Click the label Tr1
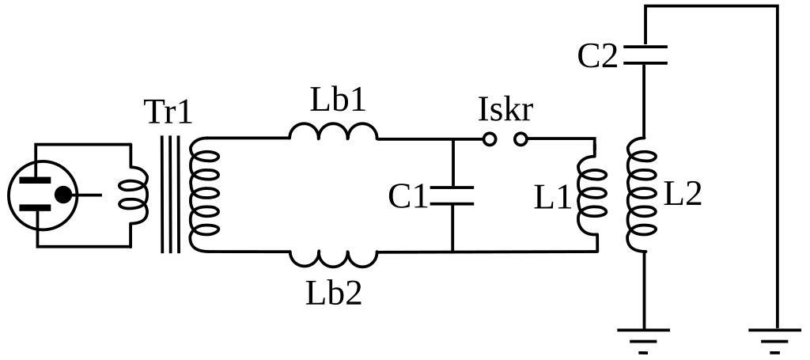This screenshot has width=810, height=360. [168, 112]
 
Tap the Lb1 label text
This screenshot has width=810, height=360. [339, 100]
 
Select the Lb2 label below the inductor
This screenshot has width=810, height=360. [334, 294]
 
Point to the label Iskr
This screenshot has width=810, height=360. [505, 110]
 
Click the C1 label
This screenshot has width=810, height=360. [407, 197]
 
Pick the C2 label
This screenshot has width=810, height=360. [597, 56]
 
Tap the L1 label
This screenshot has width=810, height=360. [552, 198]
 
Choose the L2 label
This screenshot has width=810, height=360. [682, 194]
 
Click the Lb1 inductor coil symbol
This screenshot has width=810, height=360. [333, 131]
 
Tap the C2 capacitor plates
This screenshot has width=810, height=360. [645, 55]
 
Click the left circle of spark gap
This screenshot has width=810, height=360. [490, 139]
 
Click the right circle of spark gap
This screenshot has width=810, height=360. [520, 139]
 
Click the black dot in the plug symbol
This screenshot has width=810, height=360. [63, 195]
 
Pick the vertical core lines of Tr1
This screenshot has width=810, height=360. [170, 195]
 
